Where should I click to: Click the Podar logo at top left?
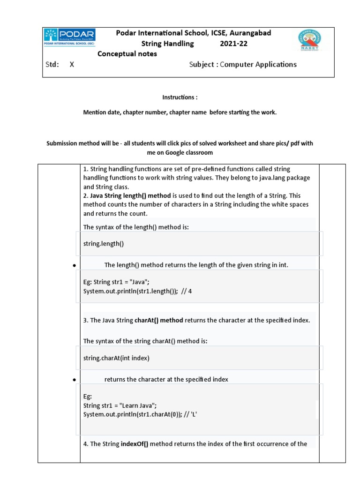coord(69,37)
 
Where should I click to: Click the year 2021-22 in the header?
coord(233,44)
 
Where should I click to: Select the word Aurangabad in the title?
coord(250,33)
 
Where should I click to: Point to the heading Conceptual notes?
coord(127,54)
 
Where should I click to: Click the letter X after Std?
coord(72,65)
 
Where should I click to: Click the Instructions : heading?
coord(180,97)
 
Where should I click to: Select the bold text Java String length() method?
coord(131,195)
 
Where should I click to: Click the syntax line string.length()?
coord(104,244)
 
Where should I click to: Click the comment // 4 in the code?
coord(187,291)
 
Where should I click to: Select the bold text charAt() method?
coord(159,321)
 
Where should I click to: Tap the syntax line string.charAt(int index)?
coord(116,358)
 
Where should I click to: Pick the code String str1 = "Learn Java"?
coord(120,405)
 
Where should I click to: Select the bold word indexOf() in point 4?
coord(135,444)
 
